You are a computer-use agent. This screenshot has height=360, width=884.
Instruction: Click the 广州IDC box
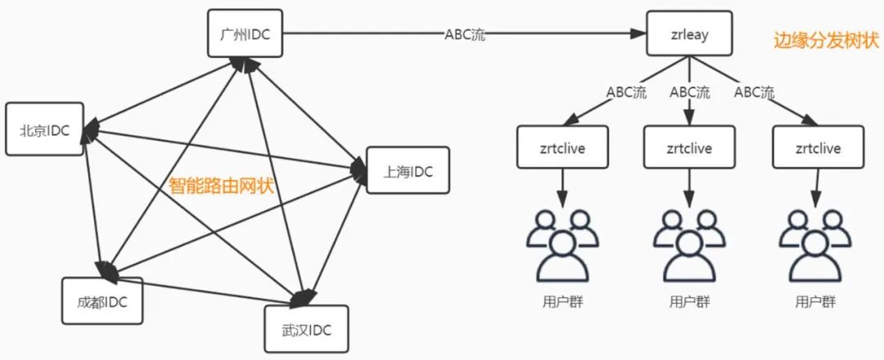(246, 34)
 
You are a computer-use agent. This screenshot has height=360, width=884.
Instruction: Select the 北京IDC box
(46, 129)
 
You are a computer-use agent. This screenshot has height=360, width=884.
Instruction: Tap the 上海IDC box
(407, 170)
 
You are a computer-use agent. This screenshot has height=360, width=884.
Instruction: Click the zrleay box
(688, 34)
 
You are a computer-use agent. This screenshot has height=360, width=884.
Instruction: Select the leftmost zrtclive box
(562, 149)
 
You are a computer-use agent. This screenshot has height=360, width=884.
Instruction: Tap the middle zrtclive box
(688, 149)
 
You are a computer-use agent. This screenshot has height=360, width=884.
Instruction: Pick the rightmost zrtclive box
(818, 149)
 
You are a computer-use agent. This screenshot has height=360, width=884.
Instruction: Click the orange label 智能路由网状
(220, 185)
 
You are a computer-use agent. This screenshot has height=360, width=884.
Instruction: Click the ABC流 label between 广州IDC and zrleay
(464, 35)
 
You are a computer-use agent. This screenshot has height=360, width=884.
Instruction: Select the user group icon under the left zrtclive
(561, 243)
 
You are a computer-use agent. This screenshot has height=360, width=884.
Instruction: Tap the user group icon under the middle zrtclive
(688, 243)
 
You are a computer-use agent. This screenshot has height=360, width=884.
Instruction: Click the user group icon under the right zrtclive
(817, 243)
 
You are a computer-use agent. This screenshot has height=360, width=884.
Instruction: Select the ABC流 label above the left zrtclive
(627, 92)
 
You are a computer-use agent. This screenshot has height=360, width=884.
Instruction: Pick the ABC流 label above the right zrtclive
(754, 92)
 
